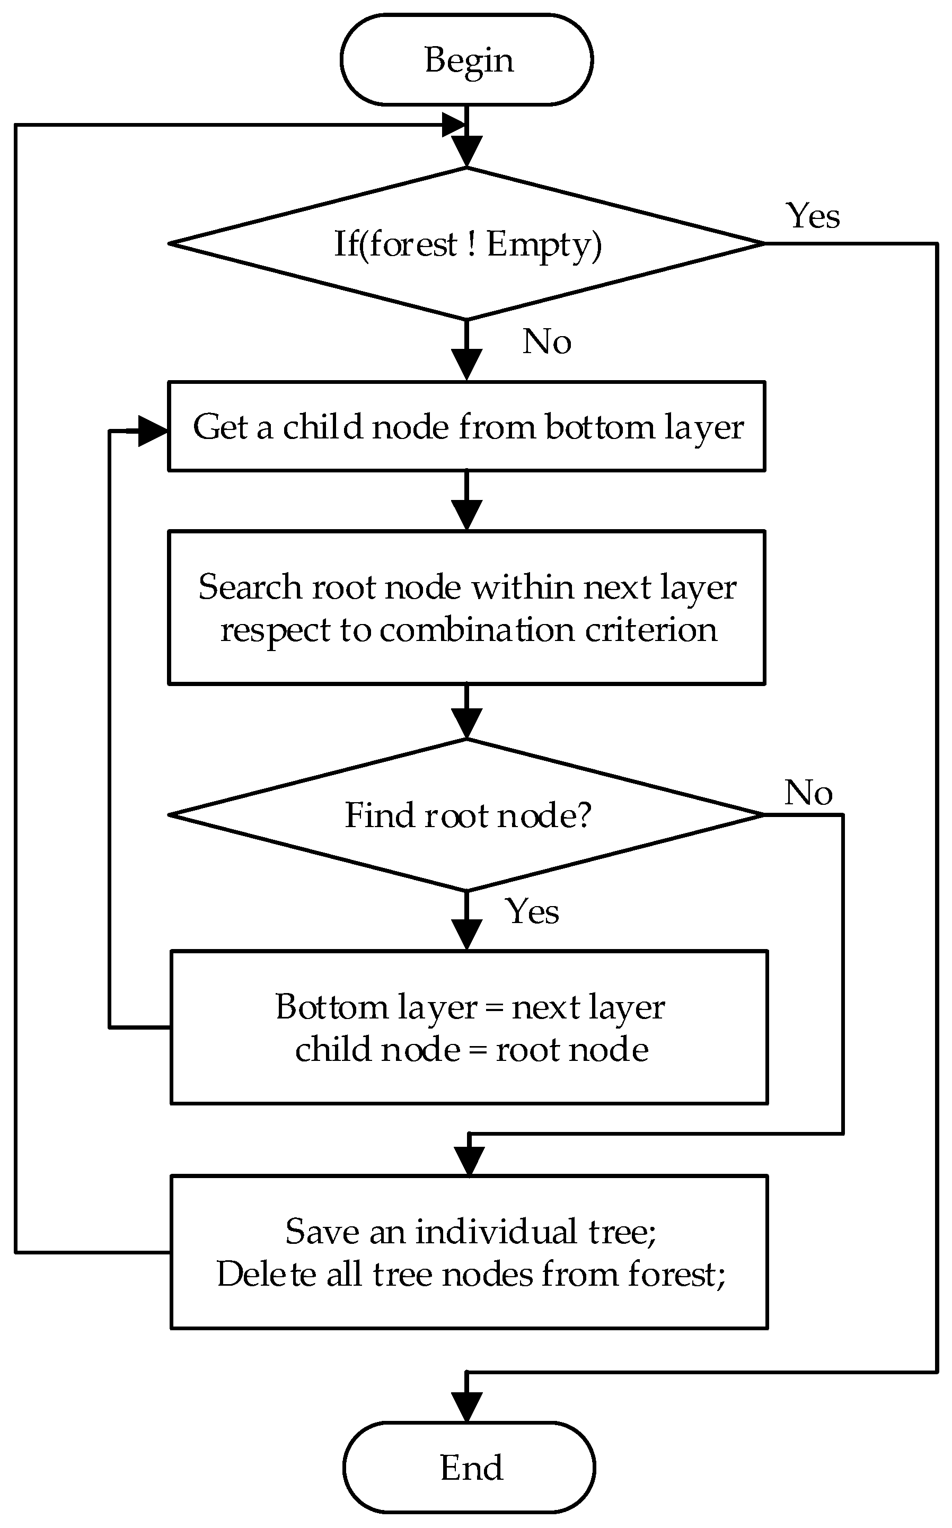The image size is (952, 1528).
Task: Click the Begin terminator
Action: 466,60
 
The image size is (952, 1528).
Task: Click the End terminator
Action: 469,1468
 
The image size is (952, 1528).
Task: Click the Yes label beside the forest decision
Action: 813,216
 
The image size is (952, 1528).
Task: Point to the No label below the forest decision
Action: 546,342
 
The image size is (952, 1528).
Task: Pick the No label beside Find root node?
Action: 808,792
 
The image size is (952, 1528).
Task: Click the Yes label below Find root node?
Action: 532,911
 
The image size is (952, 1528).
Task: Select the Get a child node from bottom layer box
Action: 466,426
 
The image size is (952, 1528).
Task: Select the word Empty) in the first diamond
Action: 544,245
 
